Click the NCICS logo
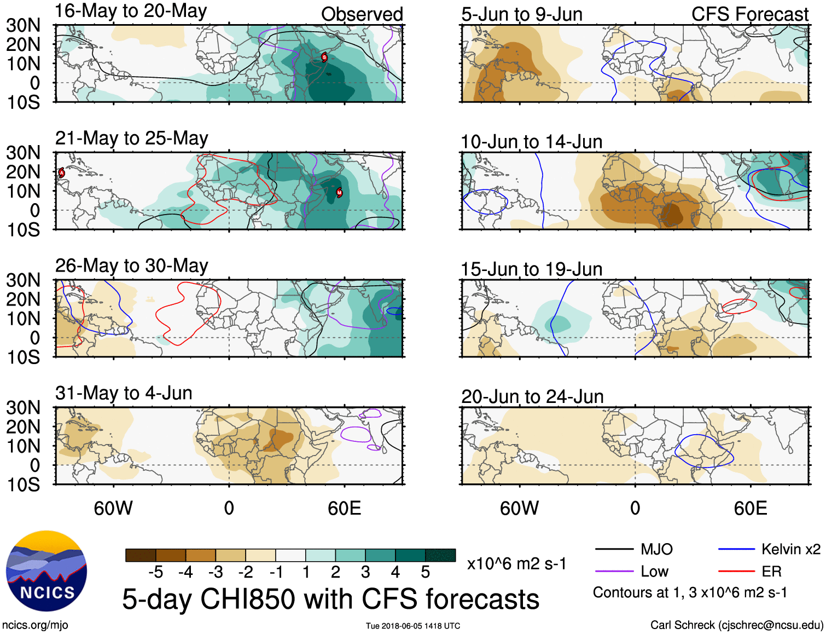[x=46, y=571]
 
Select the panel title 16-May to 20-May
[x=131, y=11]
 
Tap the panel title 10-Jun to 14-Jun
[x=531, y=142]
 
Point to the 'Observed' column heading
[x=362, y=14]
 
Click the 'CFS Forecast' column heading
[x=749, y=14]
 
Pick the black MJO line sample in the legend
[x=614, y=549]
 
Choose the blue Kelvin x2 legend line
[x=736, y=549]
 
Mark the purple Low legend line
[x=614, y=572]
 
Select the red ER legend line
[x=736, y=572]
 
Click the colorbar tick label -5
[x=155, y=572]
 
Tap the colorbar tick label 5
[x=426, y=572]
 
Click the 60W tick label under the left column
[x=113, y=508]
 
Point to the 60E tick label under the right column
[x=750, y=508]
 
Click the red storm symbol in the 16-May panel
[x=324, y=57]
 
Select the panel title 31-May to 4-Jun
[x=124, y=393]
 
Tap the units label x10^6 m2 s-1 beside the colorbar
[x=516, y=563]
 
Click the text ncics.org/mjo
[x=35, y=625]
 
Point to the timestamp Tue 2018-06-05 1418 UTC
[x=413, y=626]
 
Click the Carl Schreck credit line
[x=736, y=625]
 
